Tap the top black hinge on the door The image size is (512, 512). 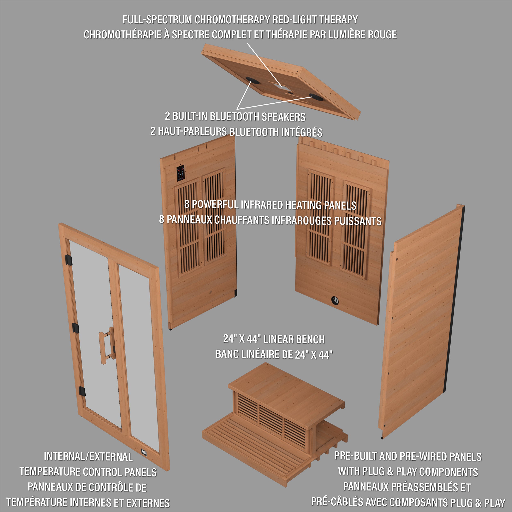[x=68, y=260]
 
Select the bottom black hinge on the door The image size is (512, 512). [x=82, y=391]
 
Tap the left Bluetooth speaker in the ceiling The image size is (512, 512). [x=253, y=80]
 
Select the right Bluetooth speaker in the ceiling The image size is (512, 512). [x=316, y=97]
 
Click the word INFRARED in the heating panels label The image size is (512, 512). [x=262, y=205]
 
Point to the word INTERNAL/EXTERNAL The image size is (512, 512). [x=88, y=457]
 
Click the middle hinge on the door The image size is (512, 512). [x=76, y=328]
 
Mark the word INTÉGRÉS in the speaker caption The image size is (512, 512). [x=302, y=132]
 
